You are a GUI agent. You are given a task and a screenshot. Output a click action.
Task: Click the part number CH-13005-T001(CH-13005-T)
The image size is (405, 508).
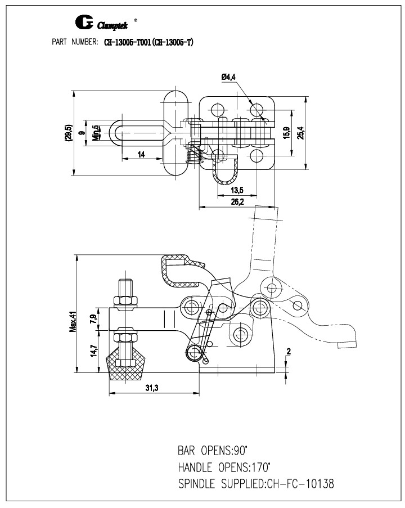point(149,42)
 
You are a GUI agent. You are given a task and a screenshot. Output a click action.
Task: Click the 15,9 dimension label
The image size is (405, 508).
point(286,133)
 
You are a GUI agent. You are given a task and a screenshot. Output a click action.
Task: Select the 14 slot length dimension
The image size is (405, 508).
point(141,154)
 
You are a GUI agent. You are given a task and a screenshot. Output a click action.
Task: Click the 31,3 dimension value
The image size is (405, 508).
point(152,388)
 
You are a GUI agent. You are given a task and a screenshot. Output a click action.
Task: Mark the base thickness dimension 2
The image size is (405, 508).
point(288,352)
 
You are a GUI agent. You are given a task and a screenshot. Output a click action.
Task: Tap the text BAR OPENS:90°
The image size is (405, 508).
point(213,450)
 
